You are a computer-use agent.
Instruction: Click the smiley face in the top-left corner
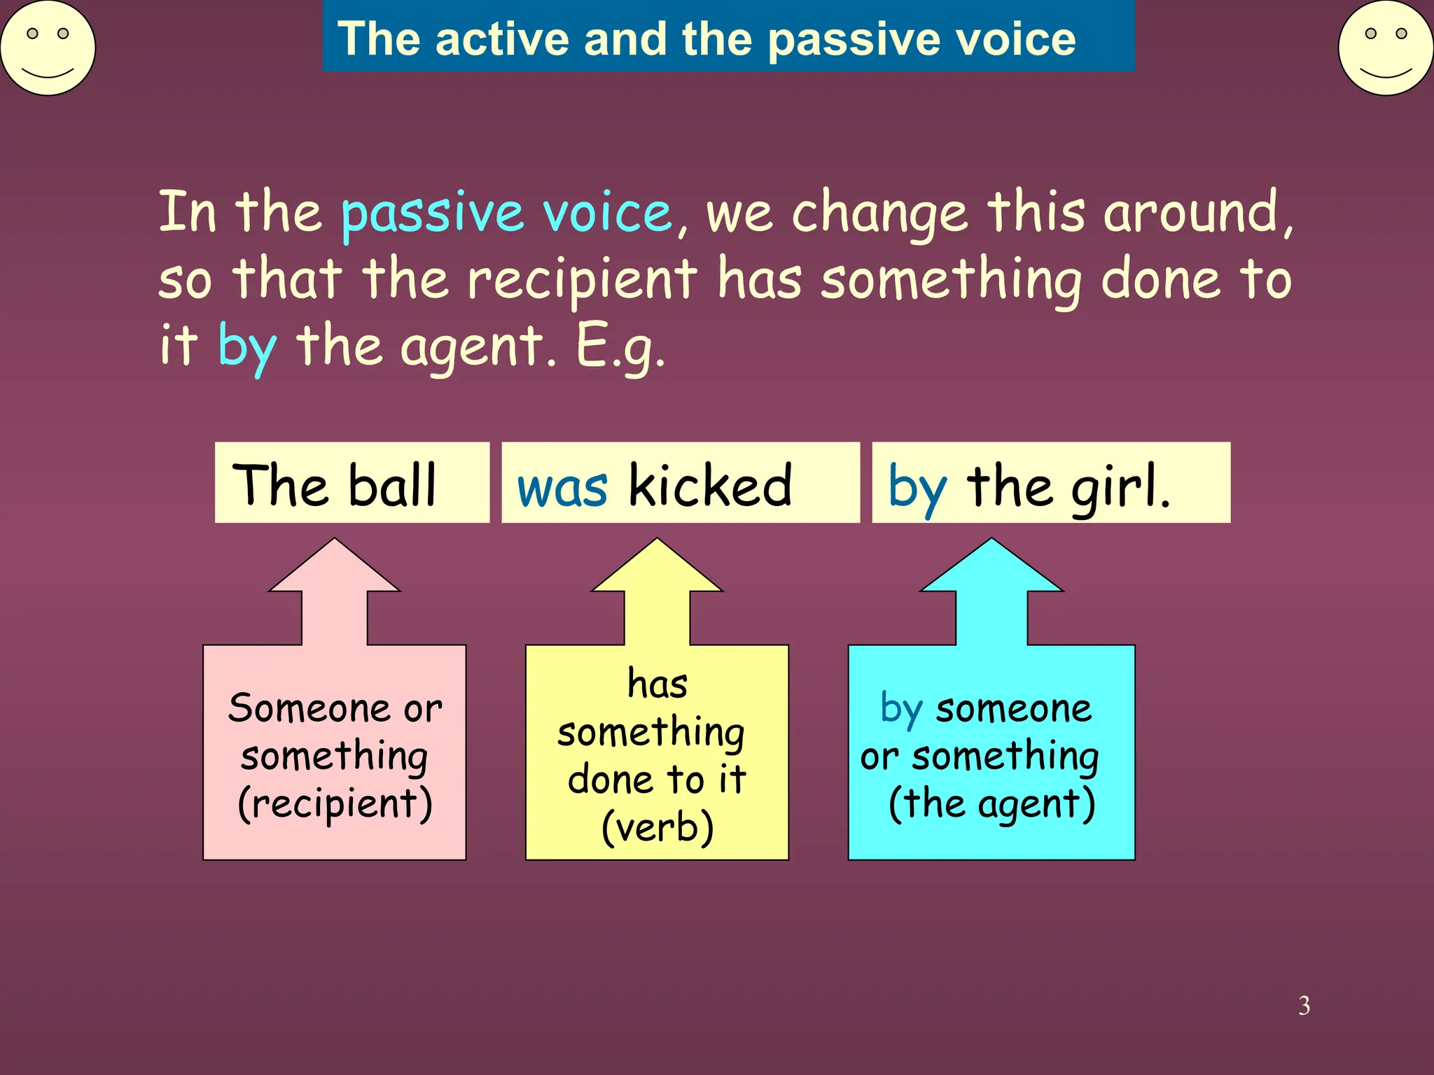click(x=48, y=48)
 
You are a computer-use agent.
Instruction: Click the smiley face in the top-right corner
click(x=1386, y=48)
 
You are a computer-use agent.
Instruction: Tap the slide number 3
click(x=1304, y=1006)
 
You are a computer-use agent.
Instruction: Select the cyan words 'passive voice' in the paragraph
click(x=506, y=213)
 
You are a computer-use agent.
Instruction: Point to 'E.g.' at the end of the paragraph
click(x=620, y=347)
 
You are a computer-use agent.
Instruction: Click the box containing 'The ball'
click(x=351, y=483)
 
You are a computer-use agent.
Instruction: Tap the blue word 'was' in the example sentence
click(x=562, y=488)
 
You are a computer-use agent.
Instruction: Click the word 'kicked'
click(x=710, y=485)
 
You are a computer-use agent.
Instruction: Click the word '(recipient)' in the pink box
click(x=335, y=803)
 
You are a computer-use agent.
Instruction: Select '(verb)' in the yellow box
click(x=657, y=827)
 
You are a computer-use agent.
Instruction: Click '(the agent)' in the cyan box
click(x=991, y=803)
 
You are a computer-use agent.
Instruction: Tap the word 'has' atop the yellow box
click(x=657, y=684)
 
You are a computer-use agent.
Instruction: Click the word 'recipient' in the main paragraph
click(x=582, y=280)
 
